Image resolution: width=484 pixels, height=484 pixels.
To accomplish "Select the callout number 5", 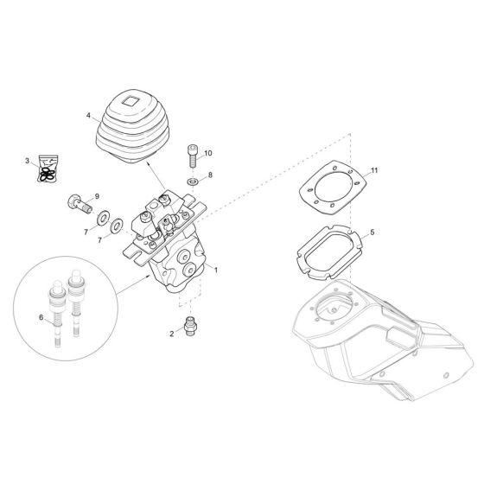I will pyautogui.click(x=373, y=232).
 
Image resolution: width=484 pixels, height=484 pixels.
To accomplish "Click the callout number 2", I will pyautogui.click(x=172, y=333).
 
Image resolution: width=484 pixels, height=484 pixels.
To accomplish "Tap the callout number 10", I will pyautogui.click(x=207, y=153).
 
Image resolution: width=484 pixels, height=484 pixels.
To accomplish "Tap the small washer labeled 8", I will pyautogui.click(x=193, y=181).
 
